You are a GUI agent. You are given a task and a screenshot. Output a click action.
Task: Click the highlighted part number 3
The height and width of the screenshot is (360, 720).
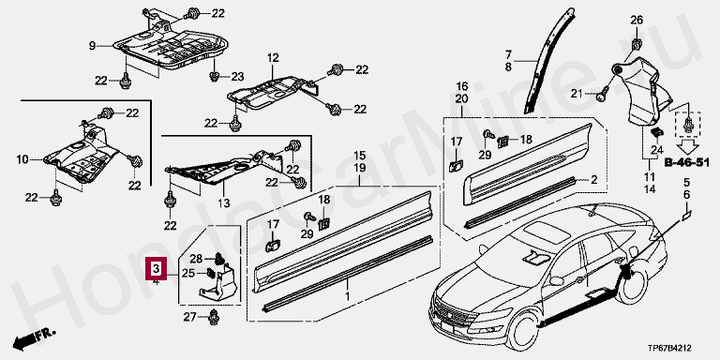[157, 268]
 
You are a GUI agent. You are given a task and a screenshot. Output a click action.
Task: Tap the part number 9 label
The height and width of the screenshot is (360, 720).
[92, 45]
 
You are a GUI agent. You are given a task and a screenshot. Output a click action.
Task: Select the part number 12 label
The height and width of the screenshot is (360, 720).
[273, 58]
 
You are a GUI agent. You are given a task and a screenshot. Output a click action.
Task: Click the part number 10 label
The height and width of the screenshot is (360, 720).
[22, 159]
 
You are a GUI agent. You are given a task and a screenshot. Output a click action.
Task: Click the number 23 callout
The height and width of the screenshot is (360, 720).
[237, 77]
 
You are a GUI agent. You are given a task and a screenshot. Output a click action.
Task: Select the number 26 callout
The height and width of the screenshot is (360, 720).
[637, 20]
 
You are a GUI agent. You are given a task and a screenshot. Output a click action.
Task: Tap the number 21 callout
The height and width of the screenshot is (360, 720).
[577, 94]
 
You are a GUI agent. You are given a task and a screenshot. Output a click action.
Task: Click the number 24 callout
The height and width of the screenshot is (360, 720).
[657, 149]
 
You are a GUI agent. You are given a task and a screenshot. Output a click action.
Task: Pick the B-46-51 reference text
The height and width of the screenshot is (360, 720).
[687, 163]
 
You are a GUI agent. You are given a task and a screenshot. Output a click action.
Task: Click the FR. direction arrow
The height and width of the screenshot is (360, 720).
[34, 338]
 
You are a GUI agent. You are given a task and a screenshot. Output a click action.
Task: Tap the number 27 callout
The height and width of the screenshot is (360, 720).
[190, 317]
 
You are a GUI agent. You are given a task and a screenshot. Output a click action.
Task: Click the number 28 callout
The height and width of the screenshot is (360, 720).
[197, 259]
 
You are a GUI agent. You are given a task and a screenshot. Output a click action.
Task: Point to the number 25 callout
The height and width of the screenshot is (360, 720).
[188, 274]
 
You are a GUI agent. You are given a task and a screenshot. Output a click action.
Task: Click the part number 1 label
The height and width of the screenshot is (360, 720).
[347, 295]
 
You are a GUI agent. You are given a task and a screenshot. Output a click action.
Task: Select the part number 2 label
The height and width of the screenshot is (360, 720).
[594, 180]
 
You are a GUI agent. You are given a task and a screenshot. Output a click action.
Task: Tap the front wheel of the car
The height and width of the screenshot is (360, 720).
[521, 329]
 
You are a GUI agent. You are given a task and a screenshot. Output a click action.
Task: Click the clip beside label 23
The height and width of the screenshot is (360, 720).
[214, 75]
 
